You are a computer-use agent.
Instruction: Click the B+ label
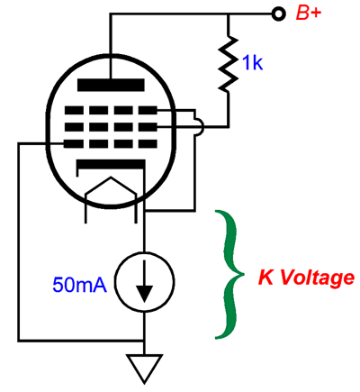pos(309,14)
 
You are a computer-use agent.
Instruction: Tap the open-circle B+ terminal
pos(278,14)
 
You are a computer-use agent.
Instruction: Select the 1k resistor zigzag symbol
pos(229,64)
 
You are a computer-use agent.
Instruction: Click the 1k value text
pos(253,63)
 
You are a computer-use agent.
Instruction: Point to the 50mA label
pos(79,285)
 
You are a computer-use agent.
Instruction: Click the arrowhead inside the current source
pos(145,294)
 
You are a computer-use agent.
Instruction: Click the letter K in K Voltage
pos(266,278)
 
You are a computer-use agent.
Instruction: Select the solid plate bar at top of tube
pos(111,85)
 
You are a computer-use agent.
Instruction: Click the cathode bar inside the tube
pos(111,165)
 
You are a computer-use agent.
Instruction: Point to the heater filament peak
pos(111,178)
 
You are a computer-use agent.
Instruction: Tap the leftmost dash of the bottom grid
pos(74,143)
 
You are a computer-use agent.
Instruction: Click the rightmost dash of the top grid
pos(148,110)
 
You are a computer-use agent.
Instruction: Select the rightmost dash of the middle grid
pos(148,127)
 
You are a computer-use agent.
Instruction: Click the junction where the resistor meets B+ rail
pos(229,14)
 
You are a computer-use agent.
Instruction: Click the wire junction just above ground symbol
pos(145,341)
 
